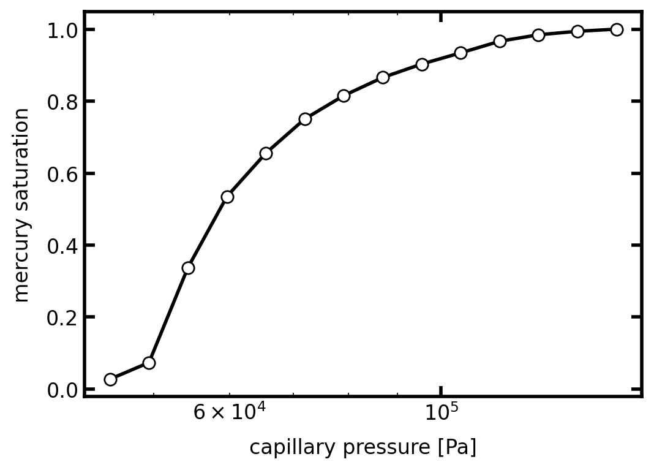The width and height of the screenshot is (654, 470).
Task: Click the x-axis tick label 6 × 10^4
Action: pyautogui.click(x=229, y=412)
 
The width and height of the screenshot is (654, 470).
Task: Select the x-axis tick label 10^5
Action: pyautogui.click(x=441, y=412)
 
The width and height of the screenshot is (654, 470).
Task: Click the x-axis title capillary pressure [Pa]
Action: pyautogui.click(x=363, y=447)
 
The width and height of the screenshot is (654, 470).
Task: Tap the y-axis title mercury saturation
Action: pyautogui.click(x=21, y=205)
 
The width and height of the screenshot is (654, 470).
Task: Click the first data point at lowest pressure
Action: pyautogui.click(x=110, y=379)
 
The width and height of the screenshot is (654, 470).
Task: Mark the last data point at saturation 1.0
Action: pyautogui.click(x=617, y=29)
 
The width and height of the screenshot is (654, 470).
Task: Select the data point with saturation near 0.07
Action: pyautogui.click(x=149, y=363)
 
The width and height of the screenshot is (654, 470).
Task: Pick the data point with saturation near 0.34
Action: pyautogui.click(x=188, y=268)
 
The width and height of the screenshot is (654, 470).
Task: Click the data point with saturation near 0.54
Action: pyautogui.click(x=227, y=197)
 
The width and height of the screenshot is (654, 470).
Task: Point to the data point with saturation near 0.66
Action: pyautogui.click(x=266, y=153)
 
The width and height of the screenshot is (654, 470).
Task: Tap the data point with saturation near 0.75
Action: pyautogui.click(x=305, y=119)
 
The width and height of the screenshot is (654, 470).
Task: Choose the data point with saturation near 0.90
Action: pyautogui.click(x=422, y=64)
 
